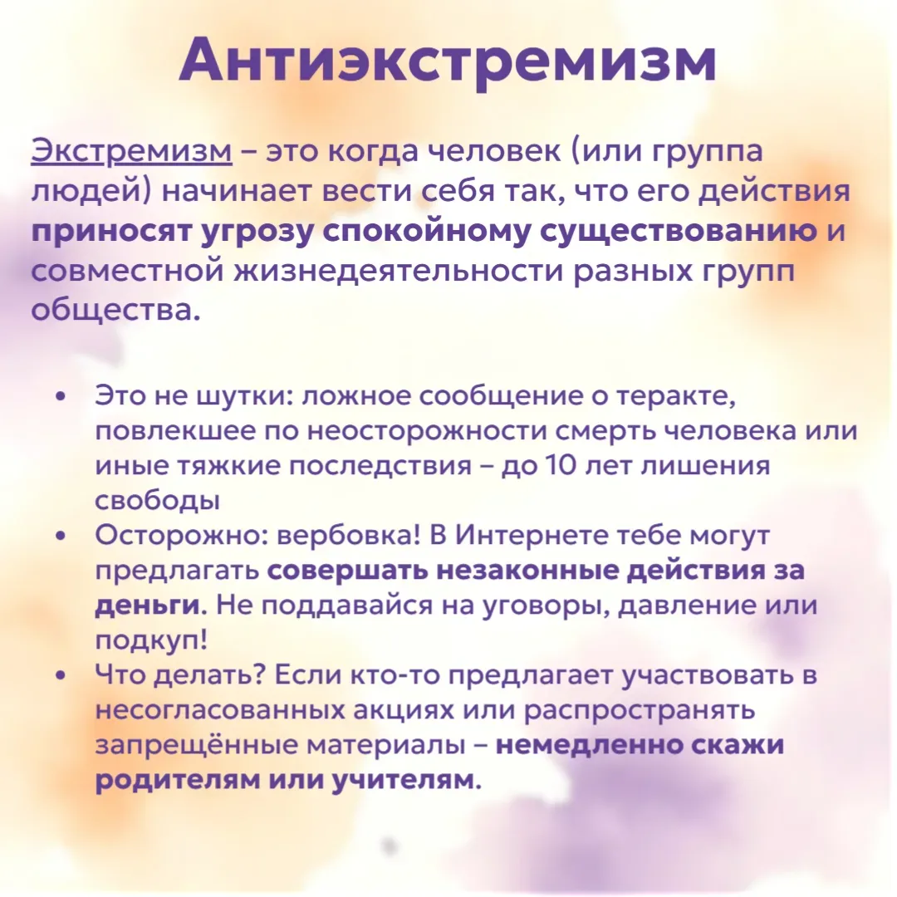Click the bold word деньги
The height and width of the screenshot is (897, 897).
(147, 606)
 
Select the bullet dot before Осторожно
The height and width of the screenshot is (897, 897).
(61, 537)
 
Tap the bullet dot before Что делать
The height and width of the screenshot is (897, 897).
(61, 676)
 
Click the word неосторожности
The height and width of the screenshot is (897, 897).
(427, 431)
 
